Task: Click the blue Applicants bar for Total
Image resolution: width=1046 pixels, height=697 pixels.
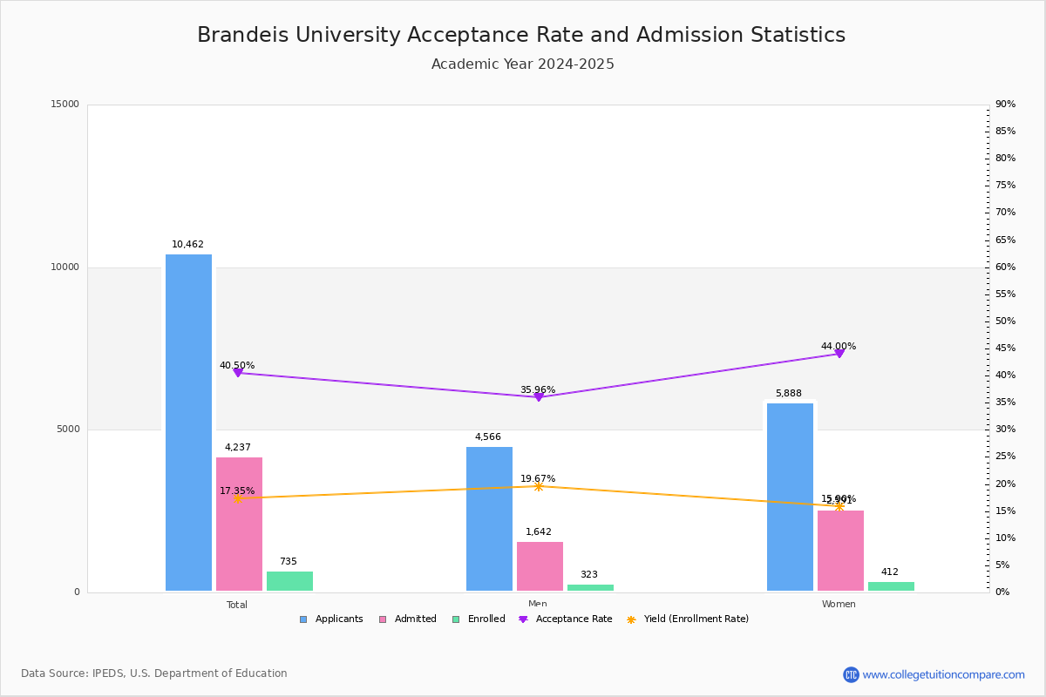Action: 188,423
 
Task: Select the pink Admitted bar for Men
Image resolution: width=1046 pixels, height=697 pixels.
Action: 540,566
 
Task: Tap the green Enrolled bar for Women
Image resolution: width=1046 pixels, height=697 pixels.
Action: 891,586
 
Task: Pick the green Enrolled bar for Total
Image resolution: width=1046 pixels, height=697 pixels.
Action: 289,581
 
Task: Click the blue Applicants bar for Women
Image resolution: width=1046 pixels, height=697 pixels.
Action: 790,497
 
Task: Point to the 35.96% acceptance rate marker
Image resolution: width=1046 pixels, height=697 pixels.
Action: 538,397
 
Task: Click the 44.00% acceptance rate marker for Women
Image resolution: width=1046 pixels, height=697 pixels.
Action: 839,354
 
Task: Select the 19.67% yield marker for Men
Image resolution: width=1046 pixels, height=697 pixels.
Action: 538,486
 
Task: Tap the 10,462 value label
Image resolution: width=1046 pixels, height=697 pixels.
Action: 187,245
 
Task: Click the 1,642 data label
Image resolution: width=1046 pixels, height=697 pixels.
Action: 538,532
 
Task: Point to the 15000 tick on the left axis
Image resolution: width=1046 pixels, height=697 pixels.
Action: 65,105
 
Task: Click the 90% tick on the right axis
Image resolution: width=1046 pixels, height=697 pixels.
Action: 1005,105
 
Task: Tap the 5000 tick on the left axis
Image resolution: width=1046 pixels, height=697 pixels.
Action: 69,430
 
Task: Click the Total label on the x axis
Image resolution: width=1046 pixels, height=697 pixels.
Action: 237,605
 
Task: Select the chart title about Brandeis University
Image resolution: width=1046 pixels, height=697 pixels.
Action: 521,35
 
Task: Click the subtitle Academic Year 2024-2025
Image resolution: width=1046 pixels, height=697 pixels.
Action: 523,64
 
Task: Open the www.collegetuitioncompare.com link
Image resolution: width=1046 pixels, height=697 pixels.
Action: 943,674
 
